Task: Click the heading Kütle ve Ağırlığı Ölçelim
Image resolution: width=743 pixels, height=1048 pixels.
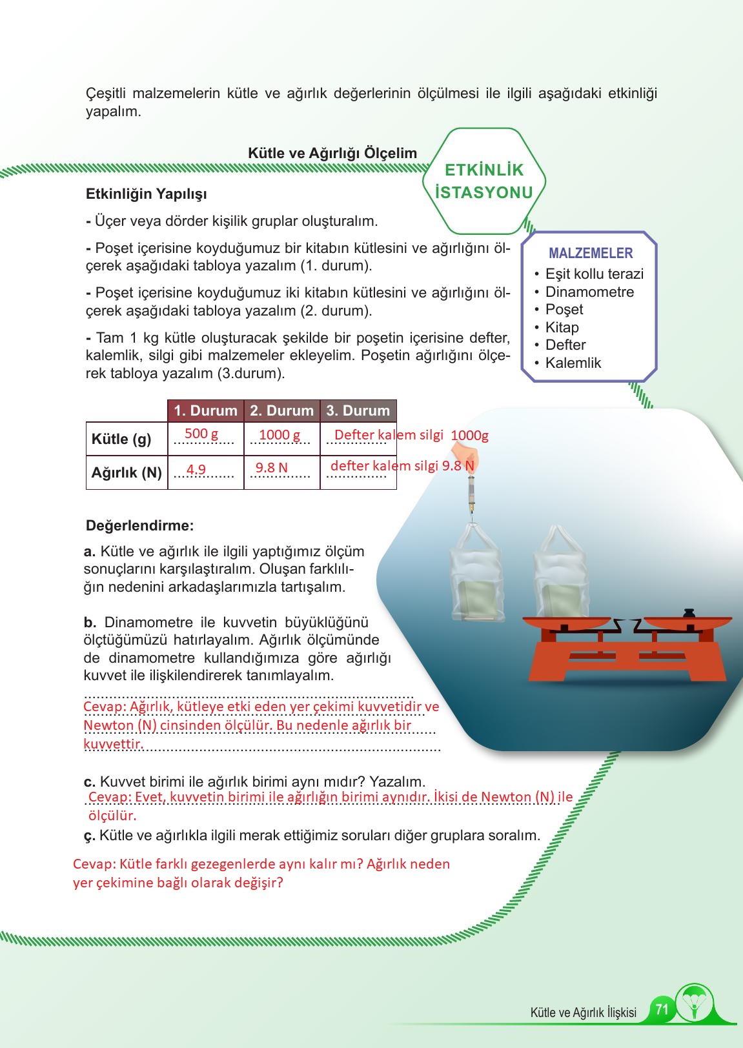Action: [332, 153]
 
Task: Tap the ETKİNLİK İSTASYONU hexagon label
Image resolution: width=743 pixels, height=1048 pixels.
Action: [484, 181]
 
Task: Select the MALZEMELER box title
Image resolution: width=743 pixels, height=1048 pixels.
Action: [590, 254]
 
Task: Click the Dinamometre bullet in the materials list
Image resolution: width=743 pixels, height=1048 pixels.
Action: [589, 292]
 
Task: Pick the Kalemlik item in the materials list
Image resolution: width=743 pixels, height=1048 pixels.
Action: [573, 363]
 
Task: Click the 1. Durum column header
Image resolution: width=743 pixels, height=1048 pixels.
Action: [205, 410]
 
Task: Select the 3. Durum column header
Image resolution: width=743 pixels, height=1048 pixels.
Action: [358, 410]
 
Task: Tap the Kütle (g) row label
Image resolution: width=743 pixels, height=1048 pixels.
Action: [121, 439]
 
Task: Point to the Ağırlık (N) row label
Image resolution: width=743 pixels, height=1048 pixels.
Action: [127, 472]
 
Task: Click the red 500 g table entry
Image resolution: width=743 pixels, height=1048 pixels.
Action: [201, 434]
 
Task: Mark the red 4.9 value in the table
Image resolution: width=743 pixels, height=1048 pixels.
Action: [196, 469]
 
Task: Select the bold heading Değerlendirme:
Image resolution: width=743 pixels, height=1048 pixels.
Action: [139, 525]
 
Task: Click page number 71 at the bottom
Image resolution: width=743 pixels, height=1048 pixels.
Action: [661, 1009]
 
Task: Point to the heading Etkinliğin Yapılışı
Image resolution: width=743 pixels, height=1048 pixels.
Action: [146, 194]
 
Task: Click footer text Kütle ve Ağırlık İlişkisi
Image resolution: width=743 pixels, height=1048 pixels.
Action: [583, 1013]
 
